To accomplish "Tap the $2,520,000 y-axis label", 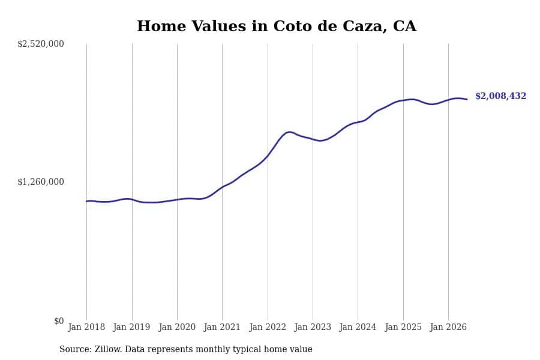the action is (41, 44).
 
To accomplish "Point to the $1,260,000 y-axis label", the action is (41, 182).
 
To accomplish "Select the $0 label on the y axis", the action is (59, 321).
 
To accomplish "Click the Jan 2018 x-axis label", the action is (86, 327).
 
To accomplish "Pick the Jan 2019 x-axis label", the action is (131, 327).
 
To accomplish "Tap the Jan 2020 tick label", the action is (177, 327).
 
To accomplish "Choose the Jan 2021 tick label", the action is (222, 327).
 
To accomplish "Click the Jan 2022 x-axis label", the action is (268, 327).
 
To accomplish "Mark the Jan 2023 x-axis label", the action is (313, 327).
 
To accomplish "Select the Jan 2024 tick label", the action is (358, 327).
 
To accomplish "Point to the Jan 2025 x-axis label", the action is (403, 327).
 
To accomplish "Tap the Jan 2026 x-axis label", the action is (448, 327).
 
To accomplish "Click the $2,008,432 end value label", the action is (501, 96).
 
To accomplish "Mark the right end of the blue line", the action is (467, 99).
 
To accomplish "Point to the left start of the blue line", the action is (86, 201).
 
